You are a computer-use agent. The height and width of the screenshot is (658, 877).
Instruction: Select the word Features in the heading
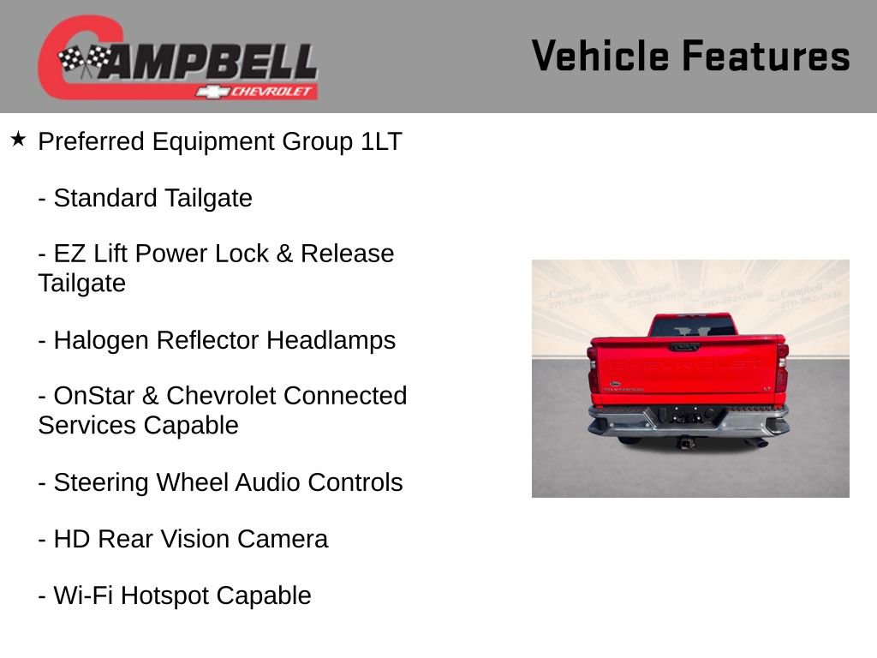click(x=767, y=57)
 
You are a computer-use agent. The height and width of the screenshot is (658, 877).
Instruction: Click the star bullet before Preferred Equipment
click(x=18, y=138)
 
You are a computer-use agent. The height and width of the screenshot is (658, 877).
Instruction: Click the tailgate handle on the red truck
click(x=684, y=347)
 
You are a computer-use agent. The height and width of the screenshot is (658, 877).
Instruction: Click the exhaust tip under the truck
click(x=757, y=443)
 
